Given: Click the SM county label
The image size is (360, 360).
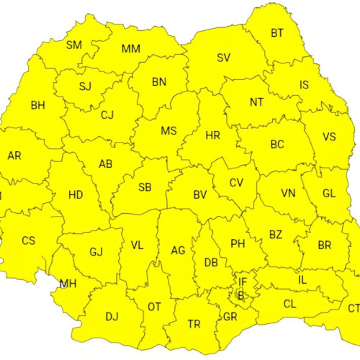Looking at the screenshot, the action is pos(74,45).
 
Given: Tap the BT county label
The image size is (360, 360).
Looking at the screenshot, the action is pos(277,33).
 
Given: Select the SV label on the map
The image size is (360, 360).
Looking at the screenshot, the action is pos(224,58).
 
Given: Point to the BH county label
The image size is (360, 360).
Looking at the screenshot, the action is pos(37,105).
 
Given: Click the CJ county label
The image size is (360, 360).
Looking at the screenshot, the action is pos(107,114).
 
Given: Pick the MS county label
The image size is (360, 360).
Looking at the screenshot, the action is pos(168,131).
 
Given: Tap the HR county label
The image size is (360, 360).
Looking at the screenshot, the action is pos(213,135).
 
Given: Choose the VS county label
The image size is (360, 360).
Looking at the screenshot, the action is pos(329,137).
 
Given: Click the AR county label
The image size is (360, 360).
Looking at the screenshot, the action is pos(14,156).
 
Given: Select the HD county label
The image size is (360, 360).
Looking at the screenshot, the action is pos(76,194).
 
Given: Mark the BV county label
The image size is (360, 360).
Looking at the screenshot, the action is pos(200,194).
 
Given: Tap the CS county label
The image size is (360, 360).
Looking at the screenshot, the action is pos(28,240).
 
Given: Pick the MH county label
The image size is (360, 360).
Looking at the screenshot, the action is pos(68,283).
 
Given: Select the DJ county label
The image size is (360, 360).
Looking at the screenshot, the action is pos(112,316).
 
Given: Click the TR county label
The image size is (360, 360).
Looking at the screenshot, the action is pos(194,324).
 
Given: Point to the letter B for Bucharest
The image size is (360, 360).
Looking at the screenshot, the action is pos(240,294).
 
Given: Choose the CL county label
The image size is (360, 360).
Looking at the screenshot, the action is pos(289,305).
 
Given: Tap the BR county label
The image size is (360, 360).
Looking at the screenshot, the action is pos(325,245).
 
